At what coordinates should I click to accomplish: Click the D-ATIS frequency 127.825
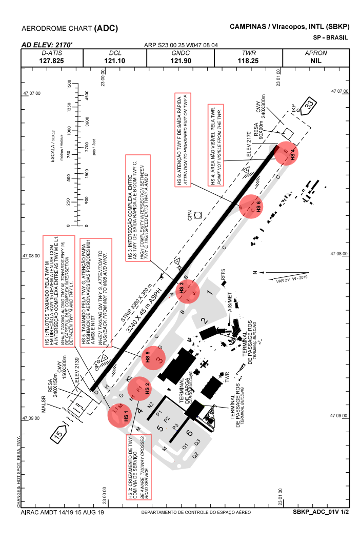51,60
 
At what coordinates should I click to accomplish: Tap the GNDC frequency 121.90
181,60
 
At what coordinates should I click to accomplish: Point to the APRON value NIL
315,60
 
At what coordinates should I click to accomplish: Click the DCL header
115,53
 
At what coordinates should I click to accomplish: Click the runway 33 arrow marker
308,107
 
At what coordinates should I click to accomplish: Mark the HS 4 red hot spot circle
286,154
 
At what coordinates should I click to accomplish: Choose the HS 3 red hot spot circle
187,291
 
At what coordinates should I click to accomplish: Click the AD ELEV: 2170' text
47,45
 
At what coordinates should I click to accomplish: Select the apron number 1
209,293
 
